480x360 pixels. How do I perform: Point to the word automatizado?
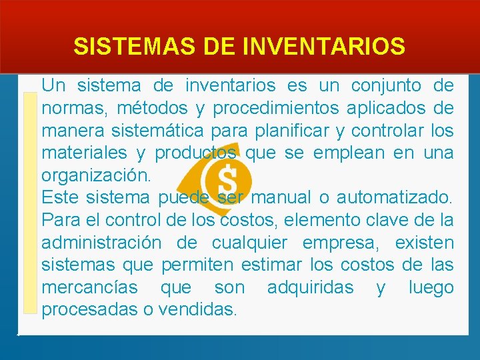(x=394, y=198)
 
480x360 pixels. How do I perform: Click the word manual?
(x=284, y=198)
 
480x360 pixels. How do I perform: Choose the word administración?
(x=101, y=243)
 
